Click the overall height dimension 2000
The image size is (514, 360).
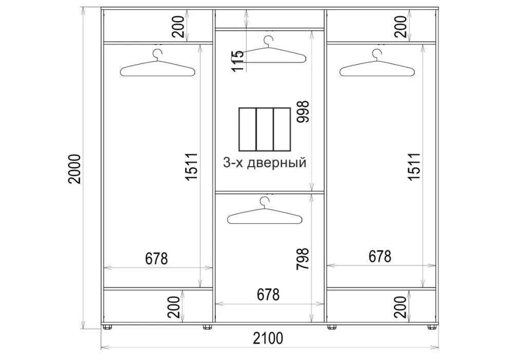(x=75, y=169)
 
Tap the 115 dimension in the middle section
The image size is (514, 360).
(x=237, y=61)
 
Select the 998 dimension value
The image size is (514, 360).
(x=303, y=112)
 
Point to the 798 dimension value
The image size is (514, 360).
(x=303, y=259)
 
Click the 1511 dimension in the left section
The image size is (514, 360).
(x=191, y=166)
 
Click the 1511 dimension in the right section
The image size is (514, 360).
(x=414, y=166)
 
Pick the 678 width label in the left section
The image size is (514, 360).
(x=157, y=259)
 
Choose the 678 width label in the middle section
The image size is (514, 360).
(x=268, y=295)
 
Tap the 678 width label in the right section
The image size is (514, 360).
(x=380, y=257)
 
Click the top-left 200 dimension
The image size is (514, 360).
(x=179, y=26)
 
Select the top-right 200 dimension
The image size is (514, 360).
(x=400, y=26)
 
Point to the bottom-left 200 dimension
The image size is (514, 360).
(x=174, y=307)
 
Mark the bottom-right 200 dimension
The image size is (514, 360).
(x=400, y=307)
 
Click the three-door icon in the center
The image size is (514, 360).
(x=265, y=129)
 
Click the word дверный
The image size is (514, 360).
(x=277, y=163)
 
